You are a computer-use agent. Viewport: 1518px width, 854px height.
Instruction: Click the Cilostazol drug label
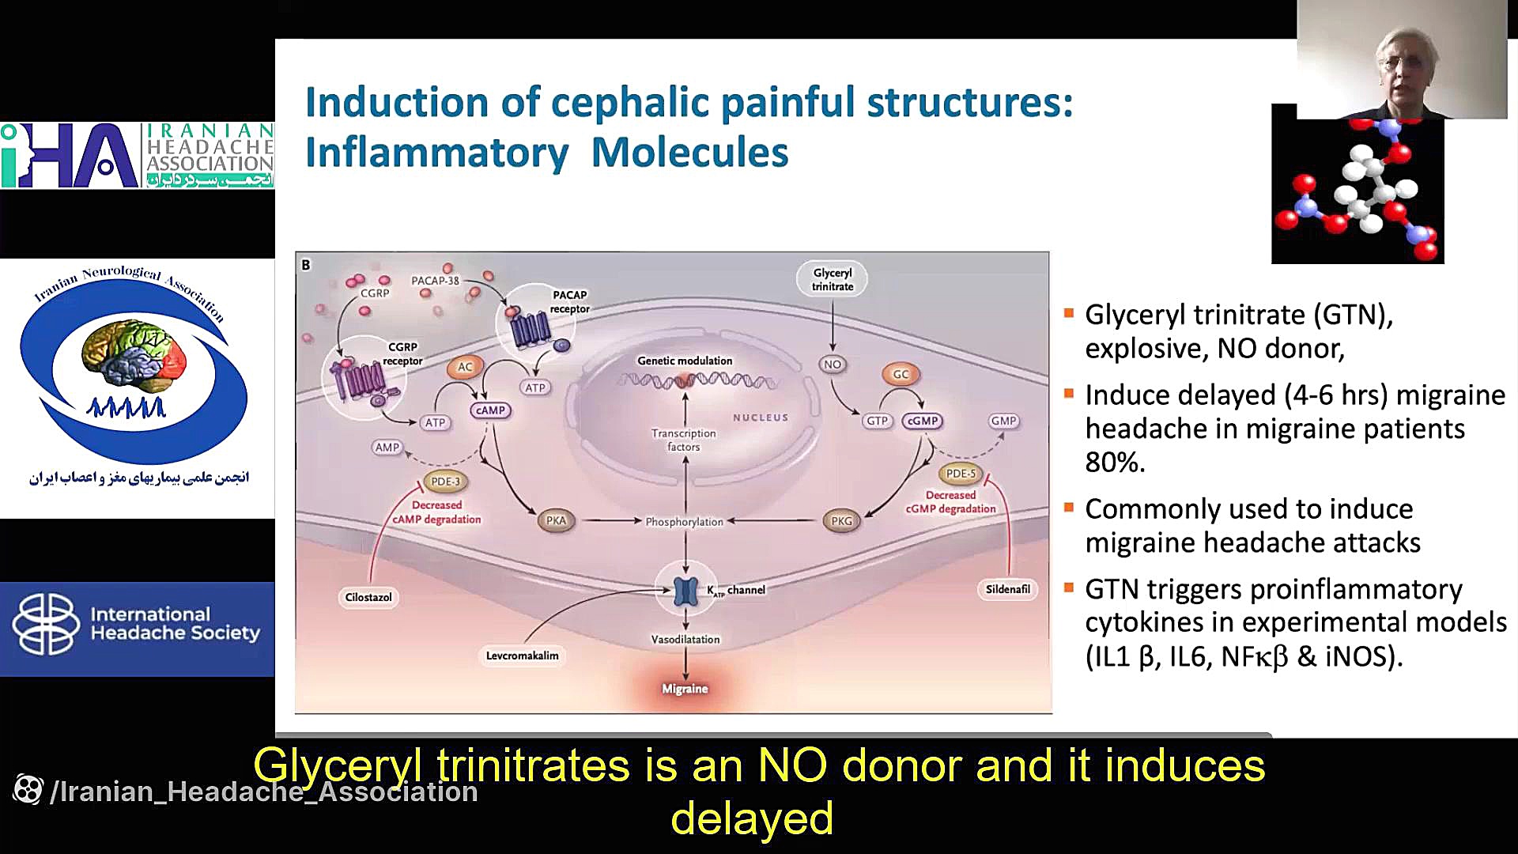[x=368, y=597]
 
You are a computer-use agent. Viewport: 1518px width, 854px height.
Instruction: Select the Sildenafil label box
[x=1008, y=589]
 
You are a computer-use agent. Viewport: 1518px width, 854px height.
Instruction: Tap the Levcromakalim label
[x=522, y=656]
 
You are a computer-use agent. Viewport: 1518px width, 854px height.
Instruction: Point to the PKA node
[x=556, y=520]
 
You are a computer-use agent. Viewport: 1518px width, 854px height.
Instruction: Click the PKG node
[x=841, y=521]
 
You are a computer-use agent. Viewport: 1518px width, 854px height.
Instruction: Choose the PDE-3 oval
[x=445, y=481]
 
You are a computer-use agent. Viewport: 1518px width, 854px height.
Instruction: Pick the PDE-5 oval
[x=961, y=474]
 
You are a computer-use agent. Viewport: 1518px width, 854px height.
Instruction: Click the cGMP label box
[x=923, y=421]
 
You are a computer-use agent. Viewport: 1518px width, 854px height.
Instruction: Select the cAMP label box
[x=490, y=410]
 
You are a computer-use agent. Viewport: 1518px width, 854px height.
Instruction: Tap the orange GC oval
[x=901, y=374]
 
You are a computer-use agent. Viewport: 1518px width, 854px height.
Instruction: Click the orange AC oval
[x=465, y=367]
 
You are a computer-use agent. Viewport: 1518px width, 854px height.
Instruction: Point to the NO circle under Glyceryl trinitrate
[x=833, y=365]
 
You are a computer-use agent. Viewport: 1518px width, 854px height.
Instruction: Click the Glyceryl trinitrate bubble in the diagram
[x=833, y=279]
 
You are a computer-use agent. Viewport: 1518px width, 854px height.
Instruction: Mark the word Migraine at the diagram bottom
[x=685, y=689]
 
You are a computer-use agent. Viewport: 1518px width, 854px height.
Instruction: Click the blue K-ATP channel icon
[x=685, y=590]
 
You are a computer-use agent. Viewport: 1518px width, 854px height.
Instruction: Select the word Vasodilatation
[x=685, y=639]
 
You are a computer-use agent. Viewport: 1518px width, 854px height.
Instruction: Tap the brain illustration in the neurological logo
[x=134, y=357]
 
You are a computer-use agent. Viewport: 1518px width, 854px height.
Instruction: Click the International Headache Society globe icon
[x=46, y=625]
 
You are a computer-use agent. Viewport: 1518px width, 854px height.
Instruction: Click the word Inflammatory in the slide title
[x=436, y=153]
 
